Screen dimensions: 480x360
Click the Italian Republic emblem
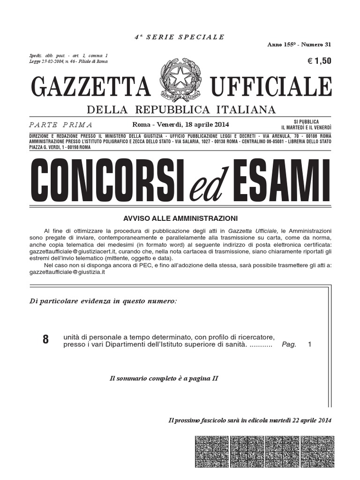pos(180,80)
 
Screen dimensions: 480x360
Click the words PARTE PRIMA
pos(60,125)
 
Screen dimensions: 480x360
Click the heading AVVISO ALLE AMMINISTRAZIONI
pos(180,218)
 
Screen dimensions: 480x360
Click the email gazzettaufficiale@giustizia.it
pos(67,272)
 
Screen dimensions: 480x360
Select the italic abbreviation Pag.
pos(289,345)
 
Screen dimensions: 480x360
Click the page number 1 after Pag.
pos(309,345)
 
